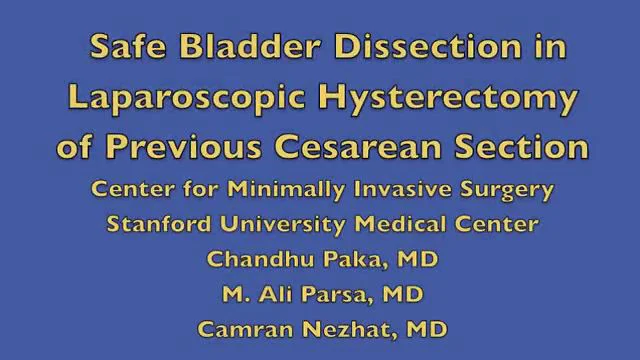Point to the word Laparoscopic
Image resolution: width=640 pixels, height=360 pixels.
point(178,99)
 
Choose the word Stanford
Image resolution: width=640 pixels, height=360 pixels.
point(160,224)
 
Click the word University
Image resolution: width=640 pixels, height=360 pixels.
point(283,224)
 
